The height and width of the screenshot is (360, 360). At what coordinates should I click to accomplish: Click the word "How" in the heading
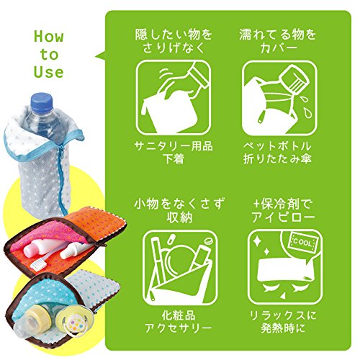pyautogui.click(x=48, y=37)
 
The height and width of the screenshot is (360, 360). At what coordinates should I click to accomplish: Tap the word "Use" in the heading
pyautogui.click(x=48, y=72)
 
